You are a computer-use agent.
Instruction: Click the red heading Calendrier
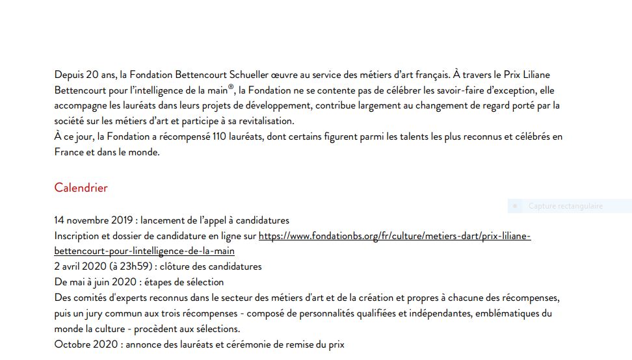pyautogui.click(x=81, y=188)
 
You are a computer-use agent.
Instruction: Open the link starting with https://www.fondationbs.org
pyautogui.click(x=394, y=236)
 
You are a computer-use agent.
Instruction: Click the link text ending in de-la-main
pyautogui.click(x=144, y=251)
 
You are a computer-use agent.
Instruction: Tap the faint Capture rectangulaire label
pyautogui.click(x=565, y=206)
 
